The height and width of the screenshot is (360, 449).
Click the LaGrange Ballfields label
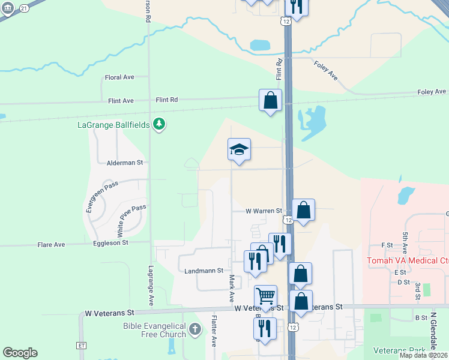(114, 125)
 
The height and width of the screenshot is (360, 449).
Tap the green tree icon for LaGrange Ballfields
(159, 124)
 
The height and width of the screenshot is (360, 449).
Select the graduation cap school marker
(239, 150)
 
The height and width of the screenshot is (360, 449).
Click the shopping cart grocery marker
(265, 296)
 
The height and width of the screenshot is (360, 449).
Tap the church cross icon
(195, 329)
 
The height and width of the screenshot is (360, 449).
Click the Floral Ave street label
(119, 77)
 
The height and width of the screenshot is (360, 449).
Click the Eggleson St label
(110, 242)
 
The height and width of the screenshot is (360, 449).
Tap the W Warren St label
(264, 211)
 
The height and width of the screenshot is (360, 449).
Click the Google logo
(20, 353)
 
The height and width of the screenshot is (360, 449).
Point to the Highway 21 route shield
(23, 8)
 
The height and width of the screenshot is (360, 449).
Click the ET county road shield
(82, 346)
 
